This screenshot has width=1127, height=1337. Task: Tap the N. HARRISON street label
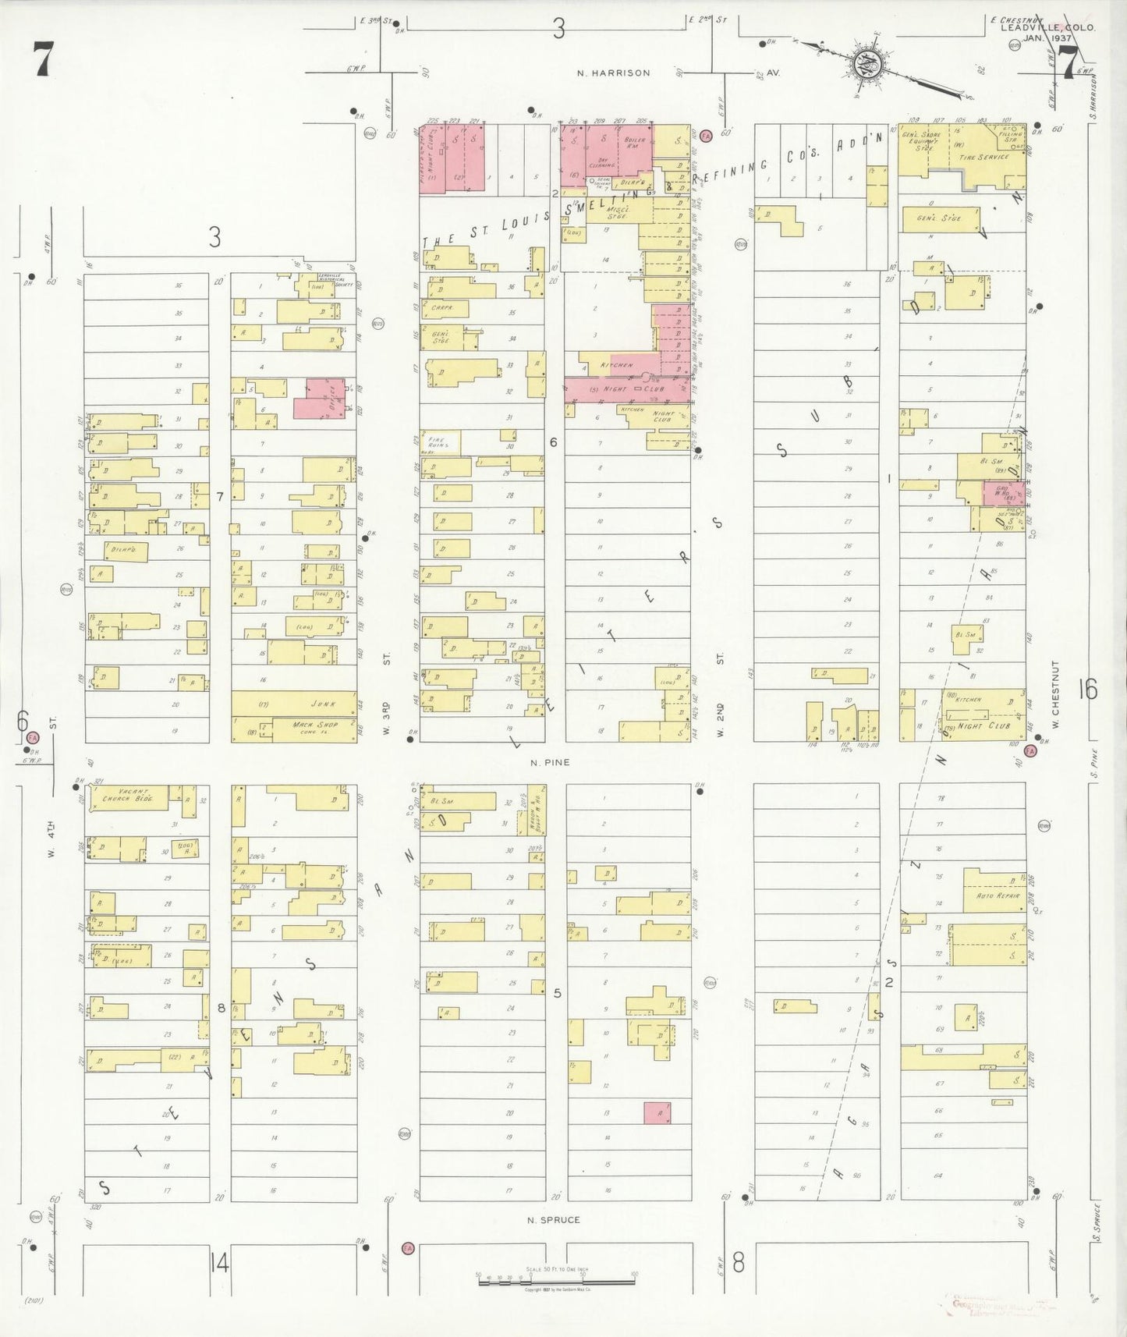click(x=613, y=73)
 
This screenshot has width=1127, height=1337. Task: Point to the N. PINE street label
click(x=550, y=762)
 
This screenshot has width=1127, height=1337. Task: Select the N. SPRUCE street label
click(x=553, y=1220)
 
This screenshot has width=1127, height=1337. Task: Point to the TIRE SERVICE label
click(x=983, y=157)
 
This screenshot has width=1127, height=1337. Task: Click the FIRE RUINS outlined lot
click(x=439, y=443)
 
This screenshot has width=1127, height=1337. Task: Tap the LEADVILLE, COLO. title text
click(x=1047, y=27)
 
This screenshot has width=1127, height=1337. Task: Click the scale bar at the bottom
click(x=555, y=1277)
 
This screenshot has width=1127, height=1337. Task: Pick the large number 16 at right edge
click(x=1087, y=690)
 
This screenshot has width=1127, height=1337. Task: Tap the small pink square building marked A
click(x=657, y=1113)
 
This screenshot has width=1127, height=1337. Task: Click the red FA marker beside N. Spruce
click(x=406, y=1248)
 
